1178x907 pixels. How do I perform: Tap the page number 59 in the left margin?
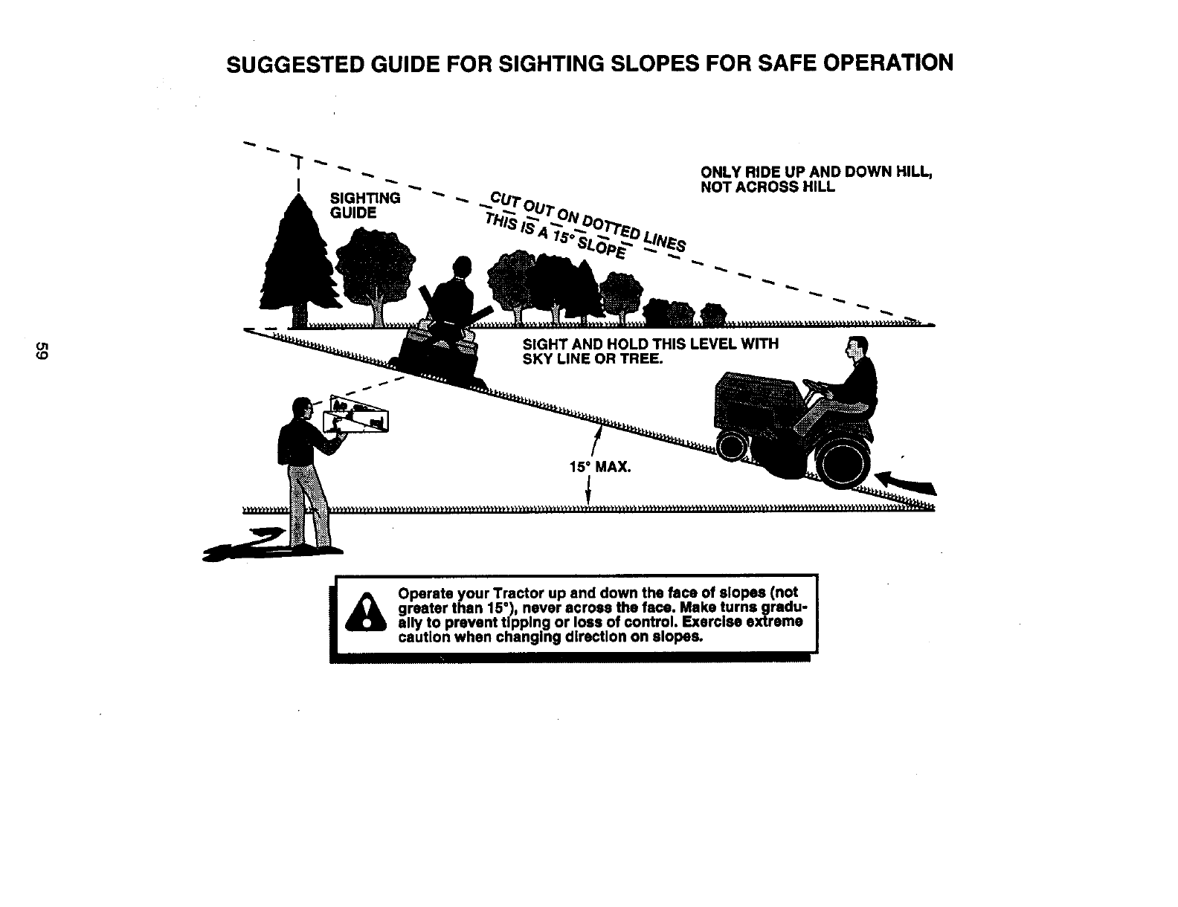tap(43, 351)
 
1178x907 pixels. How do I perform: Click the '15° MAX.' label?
tap(599, 468)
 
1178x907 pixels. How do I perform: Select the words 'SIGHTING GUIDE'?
tap(364, 205)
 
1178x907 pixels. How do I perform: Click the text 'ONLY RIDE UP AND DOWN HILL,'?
tap(817, 172)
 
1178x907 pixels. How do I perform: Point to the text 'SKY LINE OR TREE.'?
tap(592, 359)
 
